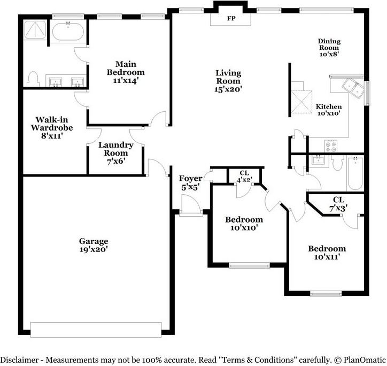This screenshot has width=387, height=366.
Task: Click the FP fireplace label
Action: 231,18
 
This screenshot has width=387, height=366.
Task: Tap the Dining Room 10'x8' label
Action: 329,47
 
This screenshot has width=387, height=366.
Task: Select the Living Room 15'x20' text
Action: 228,81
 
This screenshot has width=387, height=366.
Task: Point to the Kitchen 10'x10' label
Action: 328,110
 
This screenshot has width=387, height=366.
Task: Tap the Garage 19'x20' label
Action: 94,245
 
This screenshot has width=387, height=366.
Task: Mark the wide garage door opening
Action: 96,329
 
